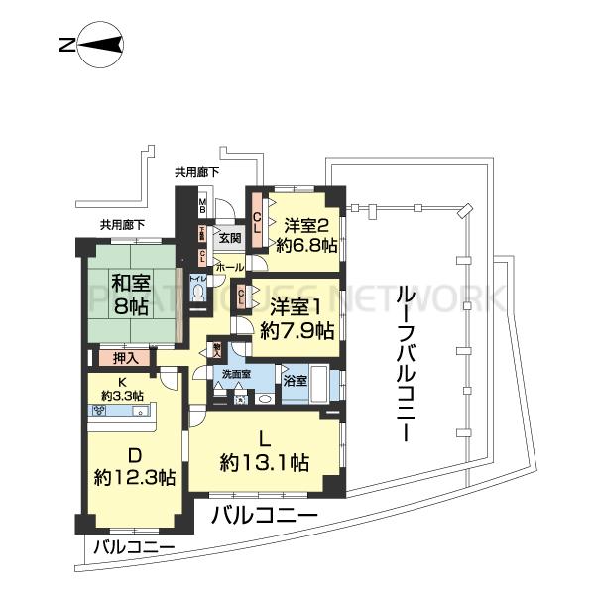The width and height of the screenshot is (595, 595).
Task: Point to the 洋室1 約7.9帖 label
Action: click(x=296, y=318)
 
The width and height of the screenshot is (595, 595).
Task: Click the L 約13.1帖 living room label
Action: click(x=265, y=450)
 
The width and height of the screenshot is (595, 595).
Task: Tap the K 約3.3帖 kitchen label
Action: click(x=125, y=389)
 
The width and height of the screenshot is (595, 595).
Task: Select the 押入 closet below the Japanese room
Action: click(x=124, y=356)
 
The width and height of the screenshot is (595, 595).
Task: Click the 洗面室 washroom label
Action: click(x=235, y=374)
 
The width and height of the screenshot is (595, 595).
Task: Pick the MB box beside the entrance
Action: click(x=202, y=208)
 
